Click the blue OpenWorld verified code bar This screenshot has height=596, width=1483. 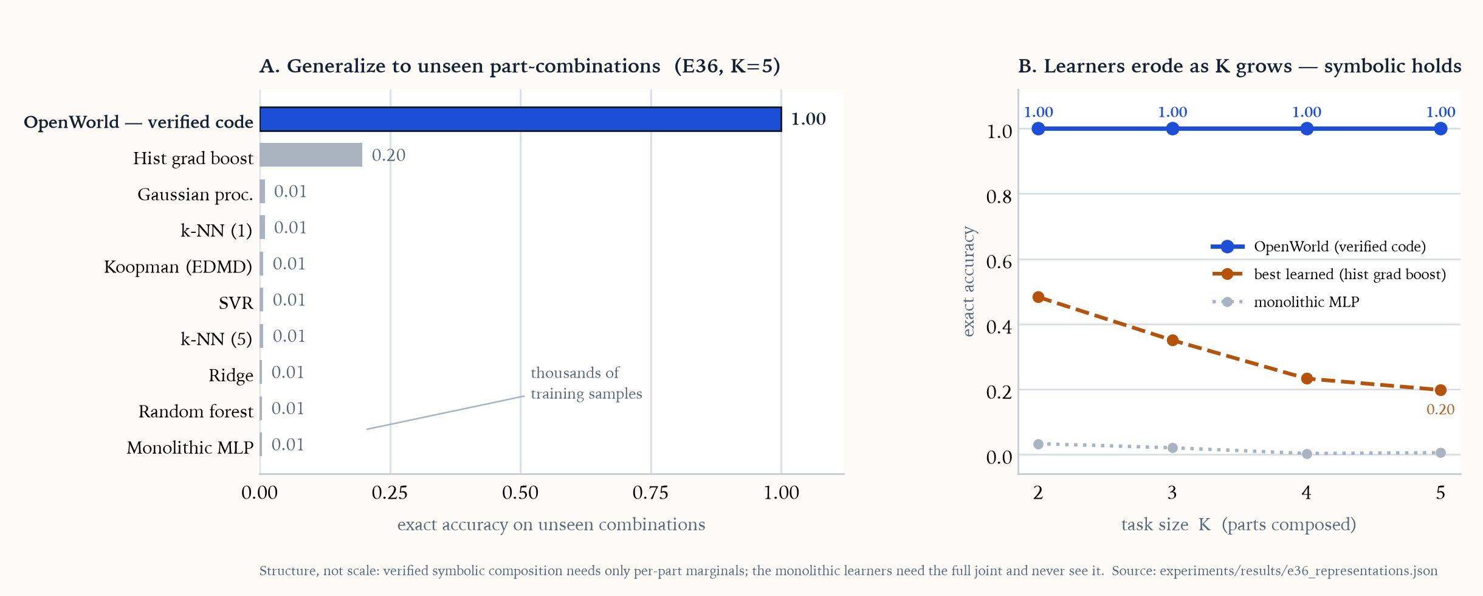pos(521,119)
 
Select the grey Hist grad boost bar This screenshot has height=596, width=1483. pos(311,155)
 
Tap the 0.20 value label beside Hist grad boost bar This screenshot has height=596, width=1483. pos(388,156)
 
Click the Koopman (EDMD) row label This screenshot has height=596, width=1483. pos(178,266)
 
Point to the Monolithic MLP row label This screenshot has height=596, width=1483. pos(190,448)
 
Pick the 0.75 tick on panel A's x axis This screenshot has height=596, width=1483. pos(650,493)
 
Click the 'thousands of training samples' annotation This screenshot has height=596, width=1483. pos(586,383)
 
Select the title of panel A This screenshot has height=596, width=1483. pos(520,66)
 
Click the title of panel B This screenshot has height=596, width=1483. pos(1240,66)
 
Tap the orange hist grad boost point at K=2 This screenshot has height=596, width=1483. pos(1038,297)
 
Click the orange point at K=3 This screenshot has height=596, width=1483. pos(1172,341)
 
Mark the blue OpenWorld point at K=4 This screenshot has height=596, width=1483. pos(1307,129)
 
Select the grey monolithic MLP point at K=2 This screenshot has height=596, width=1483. pos(1038,445)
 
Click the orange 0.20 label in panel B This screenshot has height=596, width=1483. pos(1440,409)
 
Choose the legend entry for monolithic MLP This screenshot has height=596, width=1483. pos(1285,302)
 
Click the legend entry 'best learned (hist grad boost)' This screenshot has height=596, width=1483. pos(1329,274)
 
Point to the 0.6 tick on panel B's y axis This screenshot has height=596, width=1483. pos(999,262)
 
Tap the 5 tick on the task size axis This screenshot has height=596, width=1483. pos(1440,493)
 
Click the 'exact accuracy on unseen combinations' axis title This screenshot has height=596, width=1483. pos(551,525)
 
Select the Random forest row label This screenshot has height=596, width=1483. pos(196,412)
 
